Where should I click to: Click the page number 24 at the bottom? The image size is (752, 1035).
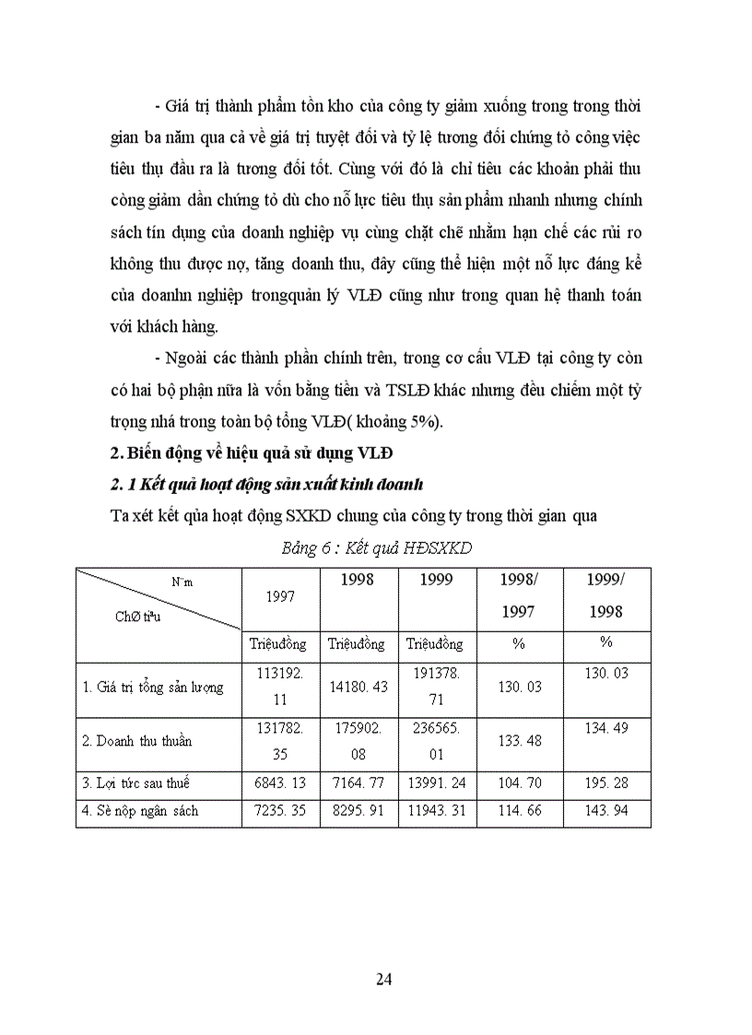pos(384,979)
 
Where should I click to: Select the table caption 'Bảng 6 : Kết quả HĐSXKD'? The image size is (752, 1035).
pos(376,547)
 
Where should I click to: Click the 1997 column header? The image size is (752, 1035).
pos(280,596)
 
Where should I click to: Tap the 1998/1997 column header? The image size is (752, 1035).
pos(518,596)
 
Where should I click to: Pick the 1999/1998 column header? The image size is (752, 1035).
pos(605,596)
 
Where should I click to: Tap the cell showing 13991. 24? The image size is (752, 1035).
pos(437,783)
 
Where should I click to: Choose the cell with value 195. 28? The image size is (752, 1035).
pos(605,783)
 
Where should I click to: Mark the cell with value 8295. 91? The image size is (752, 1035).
pos(358,811)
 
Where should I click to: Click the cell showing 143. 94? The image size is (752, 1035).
pos(605,811)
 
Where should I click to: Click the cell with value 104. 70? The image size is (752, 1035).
pos(518,783)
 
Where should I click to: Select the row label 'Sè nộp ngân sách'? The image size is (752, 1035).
pos(140,811)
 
